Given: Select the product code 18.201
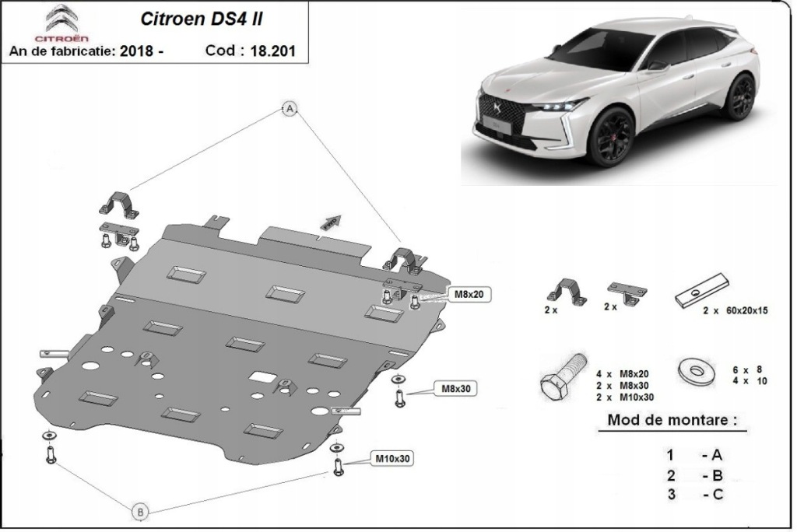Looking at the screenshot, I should click(275, 51).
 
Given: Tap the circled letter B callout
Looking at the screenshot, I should click(140, 511).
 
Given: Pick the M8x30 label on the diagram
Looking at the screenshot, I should click(458, 388).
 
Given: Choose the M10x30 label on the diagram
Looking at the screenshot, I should click(392, 459).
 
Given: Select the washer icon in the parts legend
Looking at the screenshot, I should click(695, 370).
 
